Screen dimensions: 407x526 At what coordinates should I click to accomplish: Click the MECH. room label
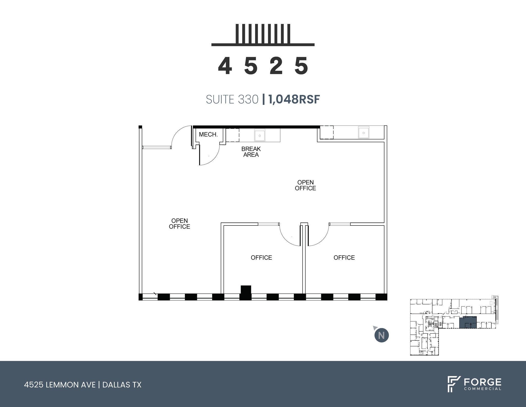point(208,134)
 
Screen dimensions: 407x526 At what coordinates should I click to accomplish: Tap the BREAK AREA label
point(251,152)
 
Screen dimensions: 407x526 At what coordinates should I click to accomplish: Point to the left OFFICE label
point(261,258)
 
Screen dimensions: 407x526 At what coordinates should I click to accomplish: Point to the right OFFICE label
point(344,258)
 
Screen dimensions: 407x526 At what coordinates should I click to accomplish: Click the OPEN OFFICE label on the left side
point(180,224)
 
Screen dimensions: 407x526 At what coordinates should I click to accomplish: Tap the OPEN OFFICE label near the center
point(305,185)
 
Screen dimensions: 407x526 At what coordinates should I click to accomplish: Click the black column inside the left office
point(246,290)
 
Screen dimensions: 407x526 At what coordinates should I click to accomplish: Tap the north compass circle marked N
point(381,336)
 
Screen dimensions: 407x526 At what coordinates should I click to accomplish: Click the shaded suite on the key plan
point(468,322)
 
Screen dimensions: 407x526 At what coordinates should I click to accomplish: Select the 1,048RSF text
point(294,100)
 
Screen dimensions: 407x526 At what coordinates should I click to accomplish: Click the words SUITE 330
point(232,100)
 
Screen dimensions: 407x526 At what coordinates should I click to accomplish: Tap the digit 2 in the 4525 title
point(276,66)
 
